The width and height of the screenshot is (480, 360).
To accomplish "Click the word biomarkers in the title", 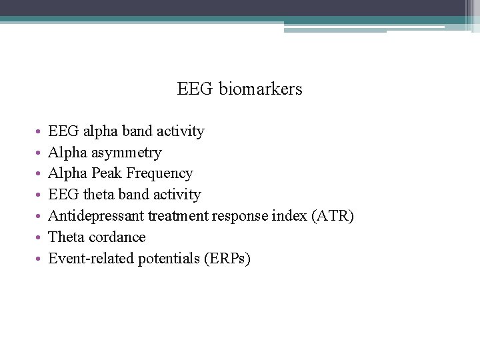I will [x=260, y=89].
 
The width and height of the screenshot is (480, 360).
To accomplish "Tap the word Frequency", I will [x=163, y=173].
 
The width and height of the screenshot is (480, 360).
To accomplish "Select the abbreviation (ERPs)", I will [x=229, y=259].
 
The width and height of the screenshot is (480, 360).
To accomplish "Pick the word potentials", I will [x=169, y=259].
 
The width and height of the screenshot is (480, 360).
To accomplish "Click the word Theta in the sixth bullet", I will [x=65, y=237].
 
